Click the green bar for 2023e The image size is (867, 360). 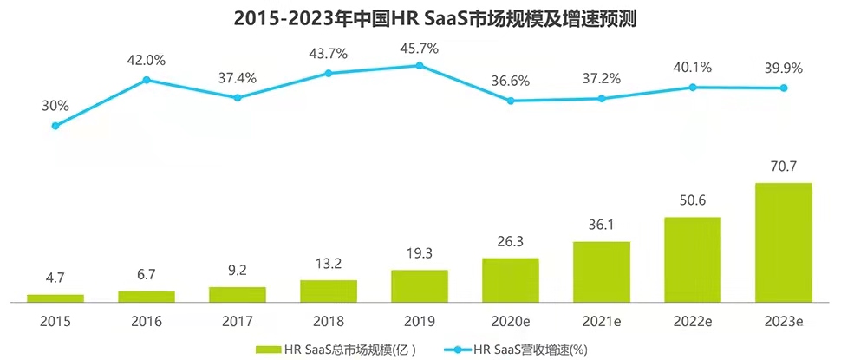tap(783, 242)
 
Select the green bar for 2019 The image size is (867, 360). tap(420, 285)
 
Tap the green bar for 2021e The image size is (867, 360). tap(602, 272)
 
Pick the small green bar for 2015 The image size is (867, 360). tap(55, 298)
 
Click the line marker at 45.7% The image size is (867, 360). tap(420, 65)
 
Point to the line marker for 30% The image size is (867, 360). tap(55, 126)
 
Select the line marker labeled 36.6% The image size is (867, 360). tap(511, 101)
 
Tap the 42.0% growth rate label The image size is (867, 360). tap(147, 60)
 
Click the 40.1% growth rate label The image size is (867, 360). tap(693, 68)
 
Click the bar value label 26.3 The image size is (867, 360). tap(511, 243)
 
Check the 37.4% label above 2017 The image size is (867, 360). tap(238, 78)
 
